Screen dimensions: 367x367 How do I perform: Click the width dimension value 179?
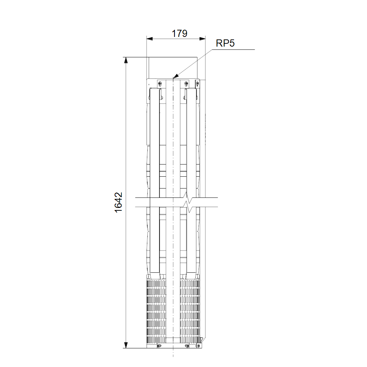pyautogui.click(x=180, y=33)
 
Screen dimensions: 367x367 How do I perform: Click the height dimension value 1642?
pyautogui.click(x=118, y=202)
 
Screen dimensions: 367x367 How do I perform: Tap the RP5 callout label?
pyautogui.click(x=225, y=43)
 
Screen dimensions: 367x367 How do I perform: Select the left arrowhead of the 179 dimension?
pyautogui.click(x=149, y=39)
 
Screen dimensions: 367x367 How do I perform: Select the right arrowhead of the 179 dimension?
pyautogui.click(x=202, y=39)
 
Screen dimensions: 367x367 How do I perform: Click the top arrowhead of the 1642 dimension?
pyautogui.click(x=126, y=60)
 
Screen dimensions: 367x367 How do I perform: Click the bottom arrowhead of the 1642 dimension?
pyautogui.click(x=126, y=345)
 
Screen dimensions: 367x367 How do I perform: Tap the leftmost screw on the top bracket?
pyautogui.click(x=159, y=84)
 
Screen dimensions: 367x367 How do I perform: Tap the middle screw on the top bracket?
pyautogui.click(x=186, y=84)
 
